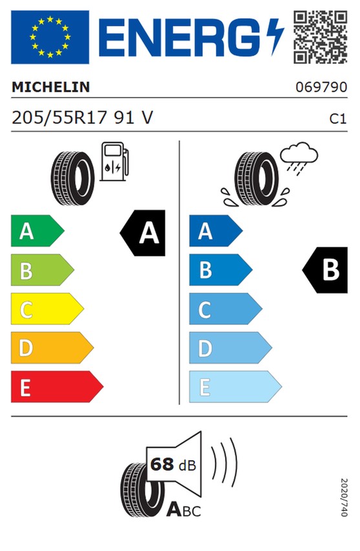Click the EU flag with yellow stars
[50, 37]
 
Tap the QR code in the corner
[321, 37]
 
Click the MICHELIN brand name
[51, 87]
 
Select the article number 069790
[321, 87]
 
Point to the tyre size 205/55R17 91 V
[82, 118]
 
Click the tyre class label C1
[338, 119]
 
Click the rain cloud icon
[299, 158]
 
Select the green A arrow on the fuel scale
[37, 231]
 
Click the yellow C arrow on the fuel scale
[47, 309]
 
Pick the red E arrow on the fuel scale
[58, 386]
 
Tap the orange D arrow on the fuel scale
[52, 348]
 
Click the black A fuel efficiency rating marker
[143, 233]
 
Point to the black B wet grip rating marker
[325, 270]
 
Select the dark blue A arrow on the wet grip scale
[216, 231]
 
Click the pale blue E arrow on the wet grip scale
[235, 386]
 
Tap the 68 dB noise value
[173, 464]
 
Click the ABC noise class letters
[184, 510]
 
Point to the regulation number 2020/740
[344, 497]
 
